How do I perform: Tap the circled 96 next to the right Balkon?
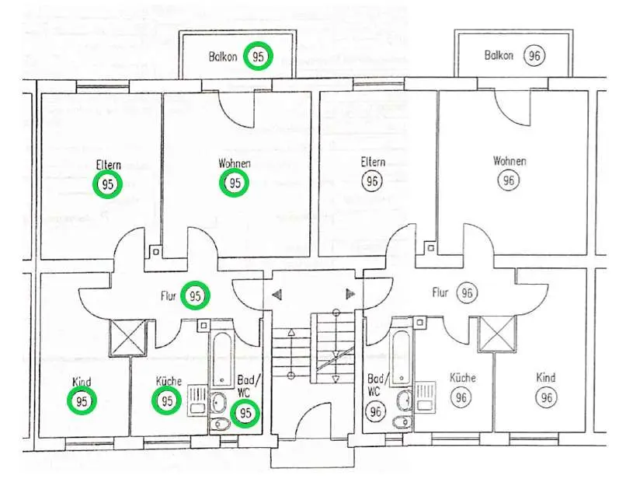coord(534,56)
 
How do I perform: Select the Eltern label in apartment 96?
coord(373,162)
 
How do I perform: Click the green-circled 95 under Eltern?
coord(108,185)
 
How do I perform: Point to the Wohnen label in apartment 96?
coord(509,161)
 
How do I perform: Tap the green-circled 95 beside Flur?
coord(196,295)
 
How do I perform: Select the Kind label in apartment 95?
coord(82,383)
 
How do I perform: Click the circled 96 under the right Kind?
coord(546,397)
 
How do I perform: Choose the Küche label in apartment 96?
coord(462,378)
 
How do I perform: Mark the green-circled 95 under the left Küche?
coord(167,401)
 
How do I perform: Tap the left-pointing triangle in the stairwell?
coord(276,295)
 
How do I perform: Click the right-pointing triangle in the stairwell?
coord(350,294)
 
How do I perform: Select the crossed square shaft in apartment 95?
coord(129,337)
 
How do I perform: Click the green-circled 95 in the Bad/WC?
coord(246,413)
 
